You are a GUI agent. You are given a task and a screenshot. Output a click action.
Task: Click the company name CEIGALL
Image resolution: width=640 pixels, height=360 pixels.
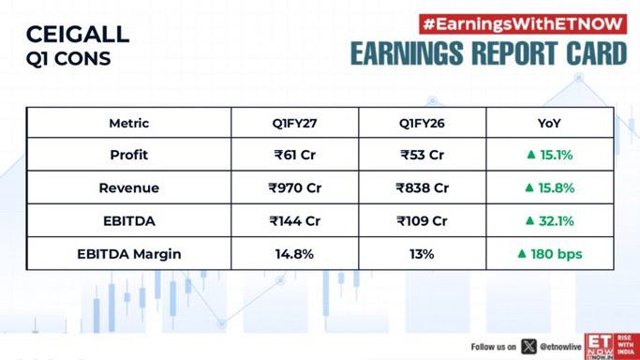click(x=78, y=35)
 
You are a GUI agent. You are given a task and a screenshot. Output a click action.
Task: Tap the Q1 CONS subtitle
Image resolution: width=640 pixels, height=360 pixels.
click(x=68, y=59)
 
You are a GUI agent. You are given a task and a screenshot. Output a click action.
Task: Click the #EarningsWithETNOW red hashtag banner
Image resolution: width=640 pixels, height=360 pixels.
click(x=523, y=24)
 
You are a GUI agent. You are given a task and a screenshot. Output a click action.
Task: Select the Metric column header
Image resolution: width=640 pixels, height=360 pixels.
click(x=129, y=123)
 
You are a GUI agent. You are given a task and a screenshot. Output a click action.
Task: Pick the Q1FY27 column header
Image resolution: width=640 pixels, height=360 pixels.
click(x=294, y=123)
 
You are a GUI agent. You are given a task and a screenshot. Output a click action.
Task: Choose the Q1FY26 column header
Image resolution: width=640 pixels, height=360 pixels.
click(x=422, y=123)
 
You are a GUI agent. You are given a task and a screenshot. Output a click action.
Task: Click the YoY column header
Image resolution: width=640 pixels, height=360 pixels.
click(x=549, y=123)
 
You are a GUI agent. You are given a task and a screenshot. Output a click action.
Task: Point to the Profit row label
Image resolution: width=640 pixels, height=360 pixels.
click(x=129, y=155)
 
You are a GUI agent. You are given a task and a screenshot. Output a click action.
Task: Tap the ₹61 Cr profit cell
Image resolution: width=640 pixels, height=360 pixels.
click(x=294, y=155)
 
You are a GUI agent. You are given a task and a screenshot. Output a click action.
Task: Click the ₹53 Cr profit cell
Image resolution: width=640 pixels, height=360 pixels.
click(x=422, y=155)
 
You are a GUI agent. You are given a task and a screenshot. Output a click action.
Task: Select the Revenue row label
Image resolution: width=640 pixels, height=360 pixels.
click(x=129, y=187)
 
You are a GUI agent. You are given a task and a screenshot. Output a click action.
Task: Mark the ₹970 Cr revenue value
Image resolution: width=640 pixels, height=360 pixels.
click(x=294, y=187)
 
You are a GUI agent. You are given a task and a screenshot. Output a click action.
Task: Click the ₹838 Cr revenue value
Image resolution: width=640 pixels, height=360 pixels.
click(x=422, y=187)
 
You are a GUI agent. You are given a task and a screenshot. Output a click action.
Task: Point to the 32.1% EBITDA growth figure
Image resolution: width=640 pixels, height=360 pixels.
click(x=557, y=221)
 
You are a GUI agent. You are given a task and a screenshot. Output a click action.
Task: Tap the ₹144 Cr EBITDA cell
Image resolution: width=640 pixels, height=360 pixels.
click(x=294, y=221)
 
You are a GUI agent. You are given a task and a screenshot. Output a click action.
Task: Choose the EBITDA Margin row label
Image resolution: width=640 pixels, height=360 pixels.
click(x=129, y=254)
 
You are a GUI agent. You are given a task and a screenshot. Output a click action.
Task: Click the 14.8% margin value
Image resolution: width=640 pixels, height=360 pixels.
click(x=294, y=254)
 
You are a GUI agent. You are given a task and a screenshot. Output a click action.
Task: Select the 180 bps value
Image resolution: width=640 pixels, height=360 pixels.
click(x=557, y=254)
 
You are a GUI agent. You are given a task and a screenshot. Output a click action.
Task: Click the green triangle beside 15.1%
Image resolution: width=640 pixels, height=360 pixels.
click(x=531, y=155)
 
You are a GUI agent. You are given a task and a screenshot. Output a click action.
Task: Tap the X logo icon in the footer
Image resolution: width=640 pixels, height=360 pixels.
click(x=528, y=347)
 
